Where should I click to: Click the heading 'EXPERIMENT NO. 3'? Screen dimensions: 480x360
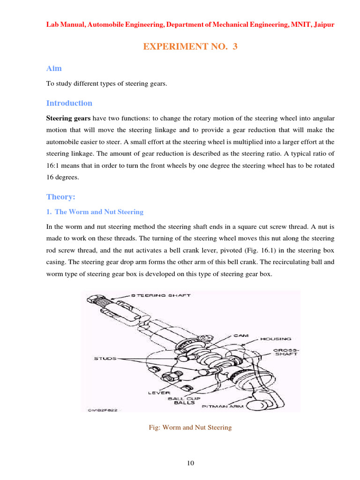pyautogui.click(x=190, y=47)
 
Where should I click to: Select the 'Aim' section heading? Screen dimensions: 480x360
pyautogui.click(x=54, y=68)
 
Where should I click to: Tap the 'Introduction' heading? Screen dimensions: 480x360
pyautogui.click(x=69, y=103)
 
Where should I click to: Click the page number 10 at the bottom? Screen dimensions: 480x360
pyautogui.click(x=190, y=463)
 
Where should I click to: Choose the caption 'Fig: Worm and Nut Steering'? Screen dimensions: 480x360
pyautogui.click(x=190, y=427)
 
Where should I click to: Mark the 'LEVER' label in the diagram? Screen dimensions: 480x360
pyautogui.click(x=160, y=392)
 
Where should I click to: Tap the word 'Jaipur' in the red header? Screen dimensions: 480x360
pyautogui.click(x=323, y=24)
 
